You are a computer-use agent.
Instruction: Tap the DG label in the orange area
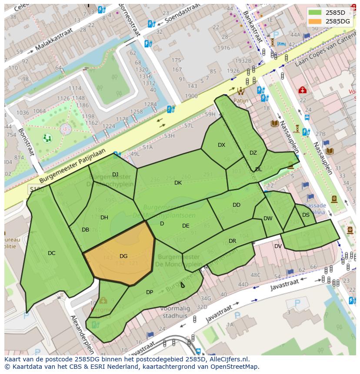(x=123, y=256)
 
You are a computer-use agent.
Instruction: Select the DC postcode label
(x=51, y=253)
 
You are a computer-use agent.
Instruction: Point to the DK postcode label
(x=178, y=183)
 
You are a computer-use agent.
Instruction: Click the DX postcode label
(x=221, y=145)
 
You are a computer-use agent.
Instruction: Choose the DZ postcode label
(x=253, y=153)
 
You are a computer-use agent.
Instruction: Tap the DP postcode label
(x=150, y=292)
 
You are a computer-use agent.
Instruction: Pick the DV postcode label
(x=278, y=246)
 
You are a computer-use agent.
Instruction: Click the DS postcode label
(x=306, y=215)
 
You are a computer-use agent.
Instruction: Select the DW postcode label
(x=268, y=218)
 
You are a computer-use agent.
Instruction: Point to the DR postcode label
(x=232, y=241)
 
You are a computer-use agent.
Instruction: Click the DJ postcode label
(x=115, y=175)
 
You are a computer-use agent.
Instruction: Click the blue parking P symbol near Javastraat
(x=297, y=303)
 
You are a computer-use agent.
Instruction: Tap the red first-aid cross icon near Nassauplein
(x=302, y=90)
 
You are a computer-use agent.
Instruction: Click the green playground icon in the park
(x=47, y=138)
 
